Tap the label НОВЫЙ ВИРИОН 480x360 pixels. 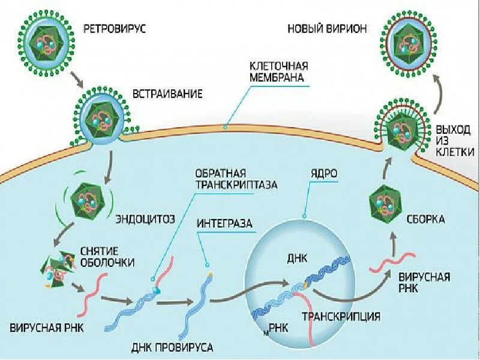326,28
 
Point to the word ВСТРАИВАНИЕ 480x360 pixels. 167,94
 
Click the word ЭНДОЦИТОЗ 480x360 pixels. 145,218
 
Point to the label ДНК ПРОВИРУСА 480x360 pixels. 172,347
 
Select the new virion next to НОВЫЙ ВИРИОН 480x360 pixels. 408,43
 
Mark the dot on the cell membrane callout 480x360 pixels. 225,127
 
